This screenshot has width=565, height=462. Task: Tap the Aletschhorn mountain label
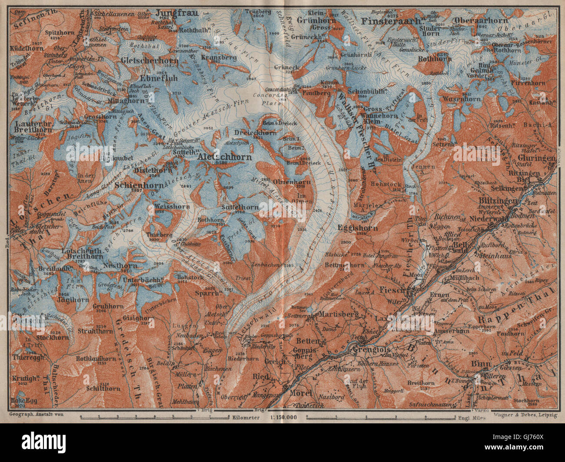pos(224,157)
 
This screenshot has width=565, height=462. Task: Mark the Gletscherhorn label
pos(150,61)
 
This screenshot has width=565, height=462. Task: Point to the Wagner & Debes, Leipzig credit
pos(525,415)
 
